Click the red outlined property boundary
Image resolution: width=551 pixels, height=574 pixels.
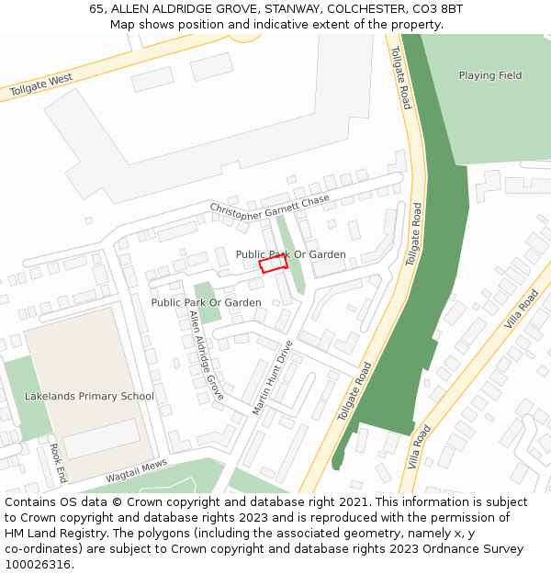273,264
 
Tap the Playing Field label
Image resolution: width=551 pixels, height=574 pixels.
489,75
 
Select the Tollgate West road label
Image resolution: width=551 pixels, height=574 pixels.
41,85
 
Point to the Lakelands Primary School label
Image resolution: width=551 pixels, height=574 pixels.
89,397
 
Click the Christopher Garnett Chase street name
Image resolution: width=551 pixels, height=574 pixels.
269,205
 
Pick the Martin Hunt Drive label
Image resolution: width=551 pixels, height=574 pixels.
272,377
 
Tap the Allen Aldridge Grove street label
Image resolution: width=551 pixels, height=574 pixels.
206,355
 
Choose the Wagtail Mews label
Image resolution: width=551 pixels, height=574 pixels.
137,471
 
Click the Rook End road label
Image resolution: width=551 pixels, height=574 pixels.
58,464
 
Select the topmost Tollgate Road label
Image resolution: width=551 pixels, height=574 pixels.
401,78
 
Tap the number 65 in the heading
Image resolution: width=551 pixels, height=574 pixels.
97,9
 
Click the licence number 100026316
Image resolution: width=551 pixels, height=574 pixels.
39,565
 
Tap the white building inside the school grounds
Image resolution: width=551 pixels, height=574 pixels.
101,439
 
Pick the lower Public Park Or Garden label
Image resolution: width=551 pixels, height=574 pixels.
206,302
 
